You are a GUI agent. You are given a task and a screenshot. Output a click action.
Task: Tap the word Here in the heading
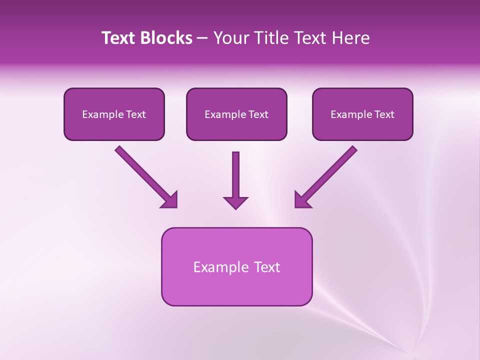[351, 38]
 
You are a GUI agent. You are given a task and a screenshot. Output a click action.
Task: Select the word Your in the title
[230, 38]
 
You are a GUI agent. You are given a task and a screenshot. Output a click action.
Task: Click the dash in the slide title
[202, 38]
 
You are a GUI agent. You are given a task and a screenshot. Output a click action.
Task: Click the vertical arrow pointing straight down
[235, 175]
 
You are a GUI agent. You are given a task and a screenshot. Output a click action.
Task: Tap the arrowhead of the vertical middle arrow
[235, 202]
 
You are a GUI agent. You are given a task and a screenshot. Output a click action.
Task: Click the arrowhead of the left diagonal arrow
[170, 200]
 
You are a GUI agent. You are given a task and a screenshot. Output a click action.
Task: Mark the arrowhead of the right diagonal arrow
[302, 200]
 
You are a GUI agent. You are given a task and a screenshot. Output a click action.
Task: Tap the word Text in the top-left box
[135, 114]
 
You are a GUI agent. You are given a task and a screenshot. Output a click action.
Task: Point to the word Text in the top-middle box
[258, 114]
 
